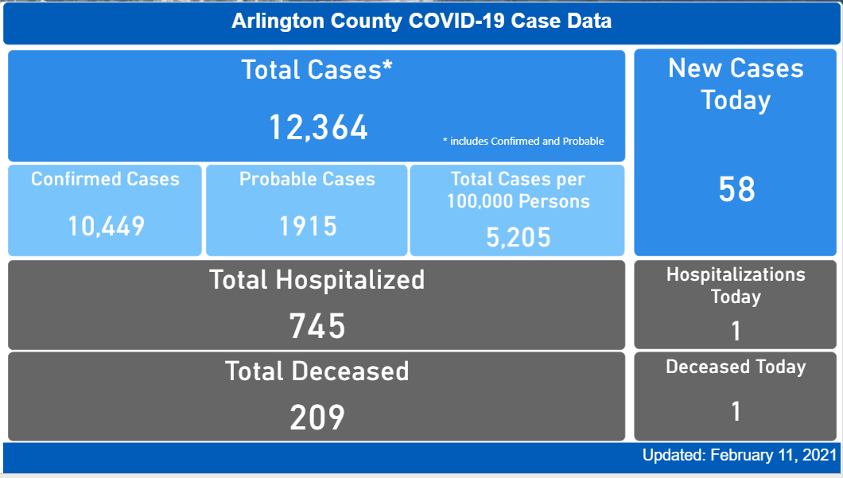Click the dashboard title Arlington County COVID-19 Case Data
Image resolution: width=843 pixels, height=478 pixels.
(x=421, y=21)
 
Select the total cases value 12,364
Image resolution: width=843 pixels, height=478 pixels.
(x=318, y=127)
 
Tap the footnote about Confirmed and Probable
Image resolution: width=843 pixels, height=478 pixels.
(x=523, y=142)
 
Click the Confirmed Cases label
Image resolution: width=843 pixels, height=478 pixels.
(x=105, y=179)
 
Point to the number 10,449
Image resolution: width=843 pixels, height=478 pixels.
(x=106, y=227)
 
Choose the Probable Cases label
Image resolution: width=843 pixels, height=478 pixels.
(x=307, y=179)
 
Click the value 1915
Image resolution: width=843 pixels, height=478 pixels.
(x=308, y=227)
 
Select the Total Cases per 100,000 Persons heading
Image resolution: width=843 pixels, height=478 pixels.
(x=518, y=190)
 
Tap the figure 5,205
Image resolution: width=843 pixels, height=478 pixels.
(x=519, y=236)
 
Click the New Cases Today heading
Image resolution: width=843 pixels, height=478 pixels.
(x=736, y=84)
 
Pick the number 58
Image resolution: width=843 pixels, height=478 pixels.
(x=736, y=189)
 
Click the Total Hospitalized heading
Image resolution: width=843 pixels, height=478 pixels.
(x=317, y=280)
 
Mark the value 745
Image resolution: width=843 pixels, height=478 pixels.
(x=317, y=325)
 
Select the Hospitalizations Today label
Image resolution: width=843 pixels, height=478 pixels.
(x=736, y=286)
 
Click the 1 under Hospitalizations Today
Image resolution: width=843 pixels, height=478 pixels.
(x=736, y=330)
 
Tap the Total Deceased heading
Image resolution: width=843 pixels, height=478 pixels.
(x=317, y=371)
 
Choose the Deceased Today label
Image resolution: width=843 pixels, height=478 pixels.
(x=736, y=367)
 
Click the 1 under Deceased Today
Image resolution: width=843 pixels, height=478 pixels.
(x=736, y=411)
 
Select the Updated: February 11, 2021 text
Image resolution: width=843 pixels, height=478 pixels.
(x=740, y=456)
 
